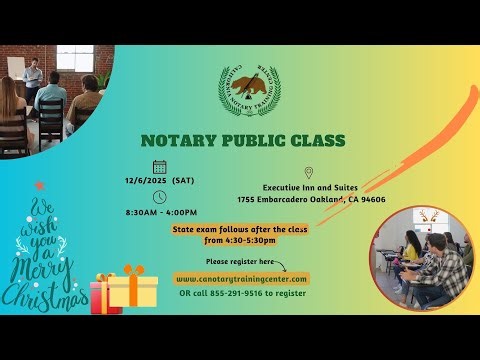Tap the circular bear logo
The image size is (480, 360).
coord(250,91)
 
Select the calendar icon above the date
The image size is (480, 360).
coord(160,167)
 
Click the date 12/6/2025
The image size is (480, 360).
coord(147,181)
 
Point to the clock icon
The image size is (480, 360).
coord(160,197)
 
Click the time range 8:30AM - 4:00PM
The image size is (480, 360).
coord(162,212)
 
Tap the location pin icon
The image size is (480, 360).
coord(309,173)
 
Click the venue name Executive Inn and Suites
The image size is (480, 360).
coord(310,187)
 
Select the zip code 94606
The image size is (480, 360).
coord(372,199)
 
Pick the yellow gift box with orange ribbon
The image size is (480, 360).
coord(132,290)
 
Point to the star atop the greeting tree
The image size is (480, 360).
coord(40,186)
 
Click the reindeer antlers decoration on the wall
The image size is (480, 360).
coord(432,216)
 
